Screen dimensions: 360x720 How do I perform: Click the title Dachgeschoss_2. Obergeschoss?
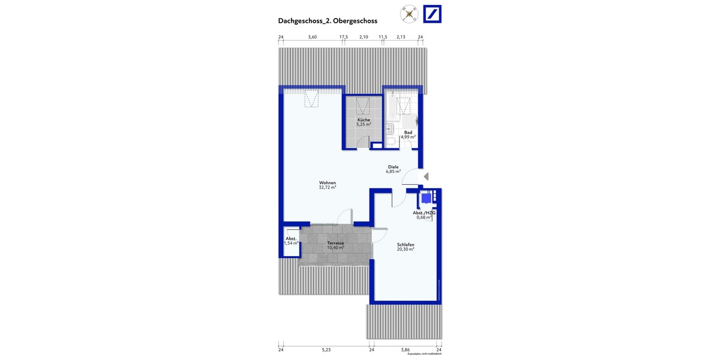(327, 20)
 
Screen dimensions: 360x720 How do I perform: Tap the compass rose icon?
(410, 14)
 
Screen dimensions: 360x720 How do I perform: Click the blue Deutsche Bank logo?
(433, 14)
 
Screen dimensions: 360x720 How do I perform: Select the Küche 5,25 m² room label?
(364, 122)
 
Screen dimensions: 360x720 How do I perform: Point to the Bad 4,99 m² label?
(408, 134)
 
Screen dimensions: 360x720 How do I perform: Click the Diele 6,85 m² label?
(393, 169)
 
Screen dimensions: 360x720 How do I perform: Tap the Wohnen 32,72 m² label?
(327, 185)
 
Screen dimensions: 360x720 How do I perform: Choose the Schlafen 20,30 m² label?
(406, 247)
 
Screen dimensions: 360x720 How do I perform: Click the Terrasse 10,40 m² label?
(335, 245)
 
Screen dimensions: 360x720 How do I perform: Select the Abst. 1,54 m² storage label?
(292, 241)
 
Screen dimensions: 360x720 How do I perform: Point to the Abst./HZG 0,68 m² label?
(424, 215)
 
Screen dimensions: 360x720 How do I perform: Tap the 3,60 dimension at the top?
(312, 37)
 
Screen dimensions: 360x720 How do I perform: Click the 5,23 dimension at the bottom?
(326, 349)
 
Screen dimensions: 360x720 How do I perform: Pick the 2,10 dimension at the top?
(363, 37)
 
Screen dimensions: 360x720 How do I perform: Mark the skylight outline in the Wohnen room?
(311, 98)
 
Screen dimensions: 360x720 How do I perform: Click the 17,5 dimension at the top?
(343, 37)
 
